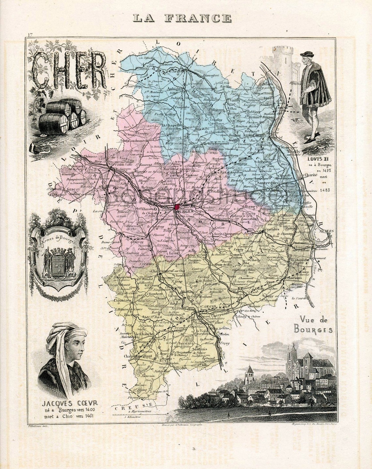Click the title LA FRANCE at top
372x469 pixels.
pos(182,18)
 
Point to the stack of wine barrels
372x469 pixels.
pos(62,116)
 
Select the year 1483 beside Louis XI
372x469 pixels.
pos(325,190)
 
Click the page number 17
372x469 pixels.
pos(30,35)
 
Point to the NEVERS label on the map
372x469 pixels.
pos(327,231)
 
